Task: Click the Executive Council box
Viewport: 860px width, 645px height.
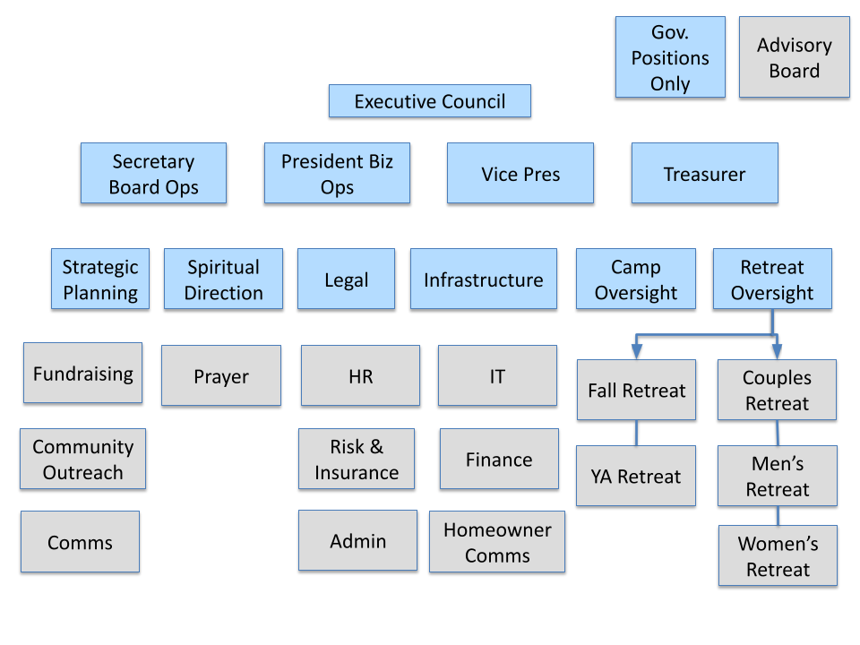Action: click(430, 101)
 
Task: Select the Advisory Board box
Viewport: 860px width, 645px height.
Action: click(794, 57)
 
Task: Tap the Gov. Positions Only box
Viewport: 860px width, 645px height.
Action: click(670, 57)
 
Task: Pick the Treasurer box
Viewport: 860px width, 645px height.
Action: click(704, 174)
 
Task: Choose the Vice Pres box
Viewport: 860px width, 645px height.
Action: click(520, 174)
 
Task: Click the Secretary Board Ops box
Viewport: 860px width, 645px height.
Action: click(153, 174)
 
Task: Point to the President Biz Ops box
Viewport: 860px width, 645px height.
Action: click(337, 174)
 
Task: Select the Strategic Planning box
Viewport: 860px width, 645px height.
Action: click(100, 279)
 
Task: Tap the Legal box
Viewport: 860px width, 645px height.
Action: click(346, 279)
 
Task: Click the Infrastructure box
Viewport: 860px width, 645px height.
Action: click(483, 279)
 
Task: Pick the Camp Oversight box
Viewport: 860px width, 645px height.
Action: click(636, 279)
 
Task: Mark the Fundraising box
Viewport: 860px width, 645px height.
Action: click(82, 374)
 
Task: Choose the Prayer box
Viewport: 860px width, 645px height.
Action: click(220, 376)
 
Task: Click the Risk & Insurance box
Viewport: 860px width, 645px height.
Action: click(357, 460)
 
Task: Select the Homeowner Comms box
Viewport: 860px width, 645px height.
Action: click(497, 542)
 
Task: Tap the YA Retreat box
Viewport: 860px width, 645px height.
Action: click(636, 477)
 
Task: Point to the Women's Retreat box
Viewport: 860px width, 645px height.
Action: click(778, 556)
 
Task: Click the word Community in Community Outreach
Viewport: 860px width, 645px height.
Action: click(82, 446)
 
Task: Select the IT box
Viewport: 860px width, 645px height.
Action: click(497, 376)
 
